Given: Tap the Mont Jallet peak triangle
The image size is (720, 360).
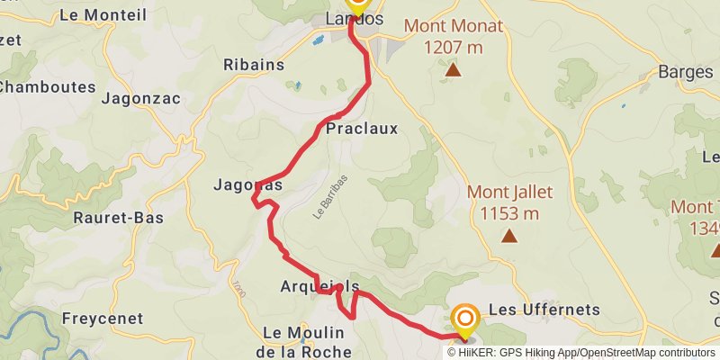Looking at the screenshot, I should click(509, 237).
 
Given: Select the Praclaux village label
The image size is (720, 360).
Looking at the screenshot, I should click(362, 130).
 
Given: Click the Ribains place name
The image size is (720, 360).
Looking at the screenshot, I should click(254, 65).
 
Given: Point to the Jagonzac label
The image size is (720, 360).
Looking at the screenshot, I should click(141, 99).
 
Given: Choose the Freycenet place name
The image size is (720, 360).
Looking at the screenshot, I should click(103, 319).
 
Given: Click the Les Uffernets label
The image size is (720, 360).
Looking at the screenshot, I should click(544, 310).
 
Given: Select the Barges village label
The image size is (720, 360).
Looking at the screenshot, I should click(686, 72).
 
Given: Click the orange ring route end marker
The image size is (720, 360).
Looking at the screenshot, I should click(465, 319).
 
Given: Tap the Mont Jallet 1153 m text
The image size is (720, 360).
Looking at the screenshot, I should click(509, 202).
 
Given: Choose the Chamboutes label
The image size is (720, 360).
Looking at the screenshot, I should click(47, 86).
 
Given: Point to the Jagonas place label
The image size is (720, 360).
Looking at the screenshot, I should click(247, 185).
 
